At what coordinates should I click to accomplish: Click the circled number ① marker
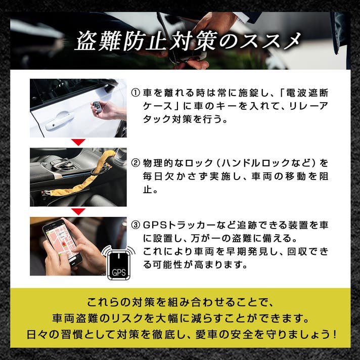pyautogui.click(x=136, y=93)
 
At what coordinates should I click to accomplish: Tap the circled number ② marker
pyautogui.click(x=136, y=163)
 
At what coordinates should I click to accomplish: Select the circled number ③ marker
pyautogui.click(x=136, y=225)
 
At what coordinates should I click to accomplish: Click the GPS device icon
pyautogui.click(x=119, y=263)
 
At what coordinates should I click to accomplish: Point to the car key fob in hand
pyautogui.click(x=97, y=107)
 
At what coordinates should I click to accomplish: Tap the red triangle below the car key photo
pyautogui.click(x=78, y=142)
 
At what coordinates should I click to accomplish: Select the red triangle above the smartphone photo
pyautogui.click(x=78, y=211)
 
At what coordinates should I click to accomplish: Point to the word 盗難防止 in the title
pyautogui.click(x=121, y=42)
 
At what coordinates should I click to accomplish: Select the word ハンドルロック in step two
pyautogui.click(x=244, y=163)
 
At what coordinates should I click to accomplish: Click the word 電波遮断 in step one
pyautogui.click(x=307, y=93)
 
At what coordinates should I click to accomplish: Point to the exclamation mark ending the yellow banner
pyautogui.click(x=334, y=335)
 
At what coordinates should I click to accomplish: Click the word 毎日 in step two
pyautogui.click(x=153, y=176)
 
